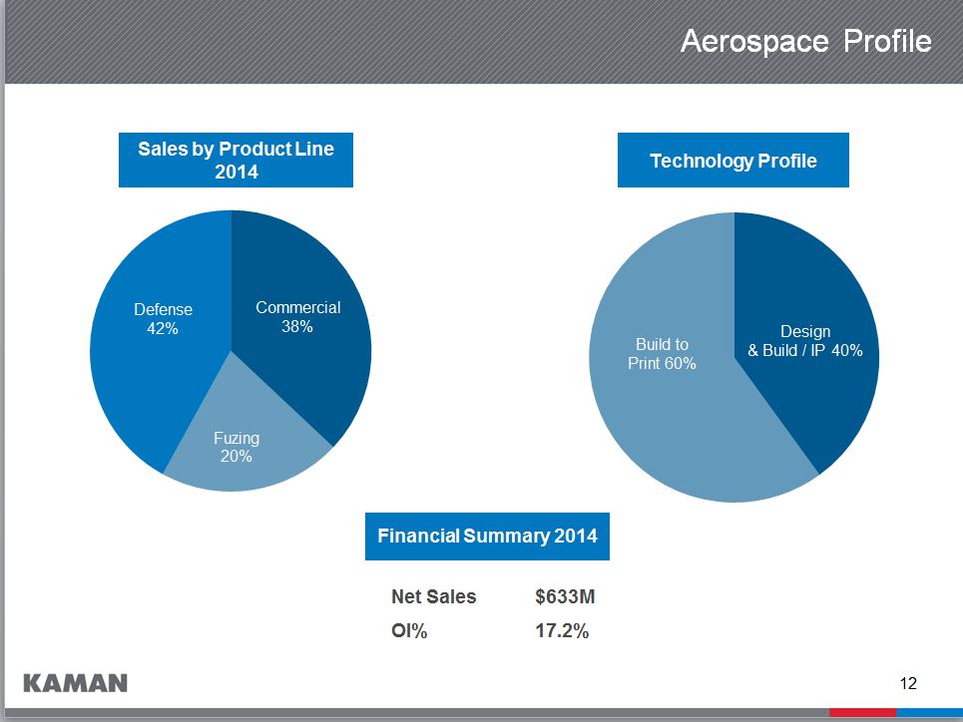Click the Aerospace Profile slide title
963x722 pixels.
(x=805, y=42)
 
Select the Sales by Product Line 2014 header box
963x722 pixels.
(x=236, y=160)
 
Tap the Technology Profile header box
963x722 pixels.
(x=732, y=161)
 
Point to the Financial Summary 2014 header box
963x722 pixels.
(x=487, y=537)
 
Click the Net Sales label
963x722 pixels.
(x=433, y=597)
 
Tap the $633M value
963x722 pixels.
(x=565, y=597)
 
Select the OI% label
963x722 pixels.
(x=409, y=630)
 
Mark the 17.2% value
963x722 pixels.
(x=562, y=630)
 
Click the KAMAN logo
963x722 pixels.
(x=75, y=683)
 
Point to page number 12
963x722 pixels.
(x=907, y=683)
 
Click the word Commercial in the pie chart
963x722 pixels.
(x=297, y=307)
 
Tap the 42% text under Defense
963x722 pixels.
(x=163, y=328)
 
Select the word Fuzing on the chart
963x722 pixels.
(x=237, y=438)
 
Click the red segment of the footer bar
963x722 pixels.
(x=862, y=712)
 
